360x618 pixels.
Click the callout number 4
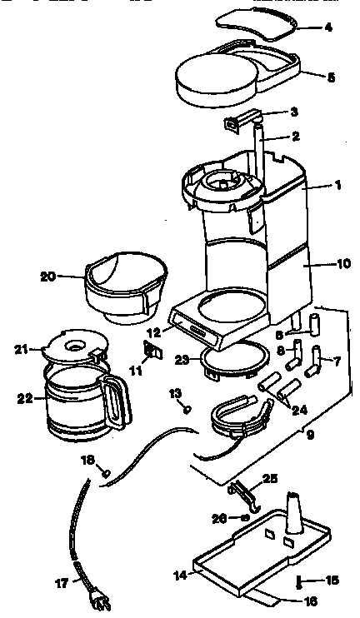point(328,27)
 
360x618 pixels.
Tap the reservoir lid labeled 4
point(262,22)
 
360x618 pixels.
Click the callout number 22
point(24,399)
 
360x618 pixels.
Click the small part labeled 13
point(187,409)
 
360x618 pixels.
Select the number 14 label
point(179,574)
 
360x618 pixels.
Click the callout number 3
point(292,111)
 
